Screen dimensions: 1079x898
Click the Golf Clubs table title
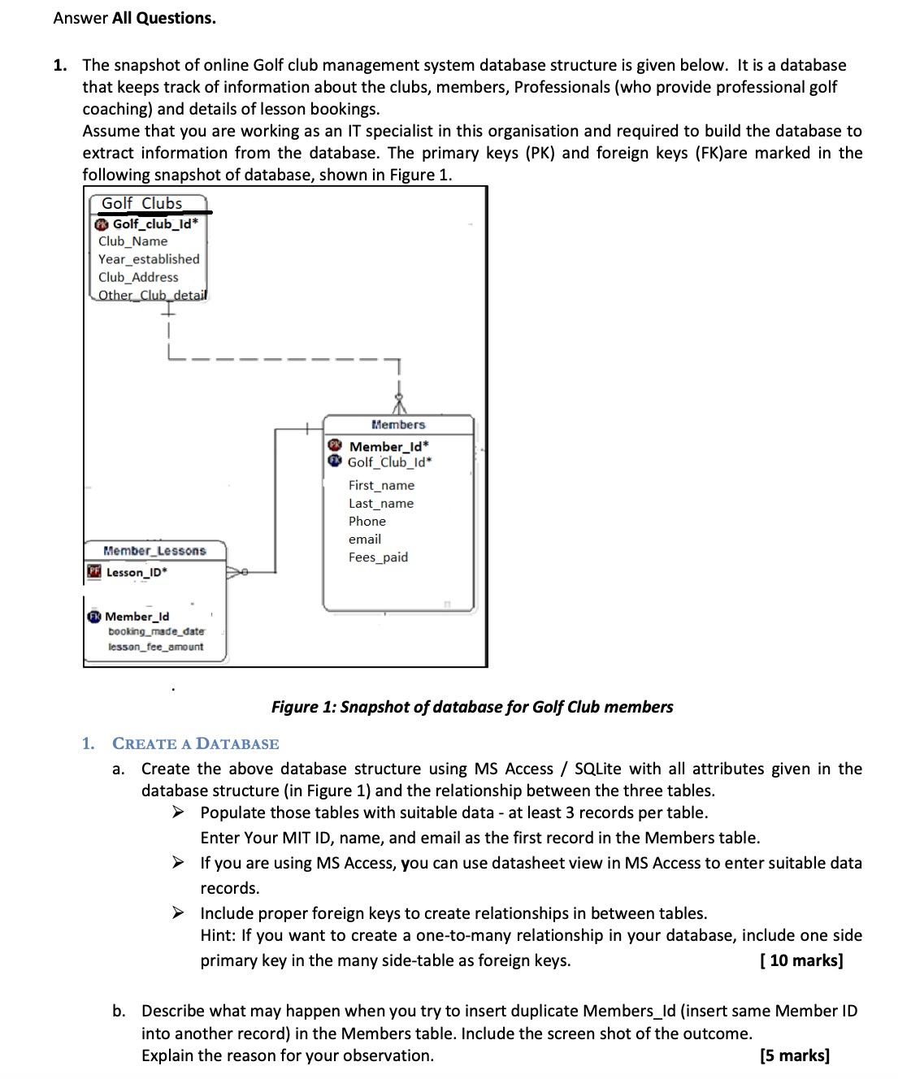click(x=142, y=203)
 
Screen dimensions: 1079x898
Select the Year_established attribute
click(x=149, y=259)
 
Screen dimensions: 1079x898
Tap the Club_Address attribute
click(x=138, y=277)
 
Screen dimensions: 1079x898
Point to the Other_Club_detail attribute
click(x=153, y=295)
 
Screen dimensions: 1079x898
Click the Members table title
click(x=398, y=424)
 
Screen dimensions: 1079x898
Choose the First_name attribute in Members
click(x=381, y=485)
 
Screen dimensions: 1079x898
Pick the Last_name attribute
click(x=381, y=503)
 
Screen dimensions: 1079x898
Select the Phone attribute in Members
click(x=367, y=521)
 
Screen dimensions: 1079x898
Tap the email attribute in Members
click(x=365, y=539)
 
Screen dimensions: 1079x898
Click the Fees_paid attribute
click(x=378, y=557)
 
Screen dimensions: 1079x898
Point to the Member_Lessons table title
click(x=154, y=551)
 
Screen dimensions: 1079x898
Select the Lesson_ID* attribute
click(x=137, y=572)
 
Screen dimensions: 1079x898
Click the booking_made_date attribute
click(x=157, y=631)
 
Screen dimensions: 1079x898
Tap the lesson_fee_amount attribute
click(x=156, y=647)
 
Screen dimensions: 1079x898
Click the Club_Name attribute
click(x=132, y=241)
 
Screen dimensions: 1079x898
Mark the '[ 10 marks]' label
click(x=800, y=960)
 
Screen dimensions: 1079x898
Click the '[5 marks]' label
click(x=794, y=1055)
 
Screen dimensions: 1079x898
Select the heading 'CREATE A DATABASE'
click(x=195, y=743)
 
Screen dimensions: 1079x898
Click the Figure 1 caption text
click(x=472, y=707)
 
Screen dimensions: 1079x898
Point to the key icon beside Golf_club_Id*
click(x=102, y=224)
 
